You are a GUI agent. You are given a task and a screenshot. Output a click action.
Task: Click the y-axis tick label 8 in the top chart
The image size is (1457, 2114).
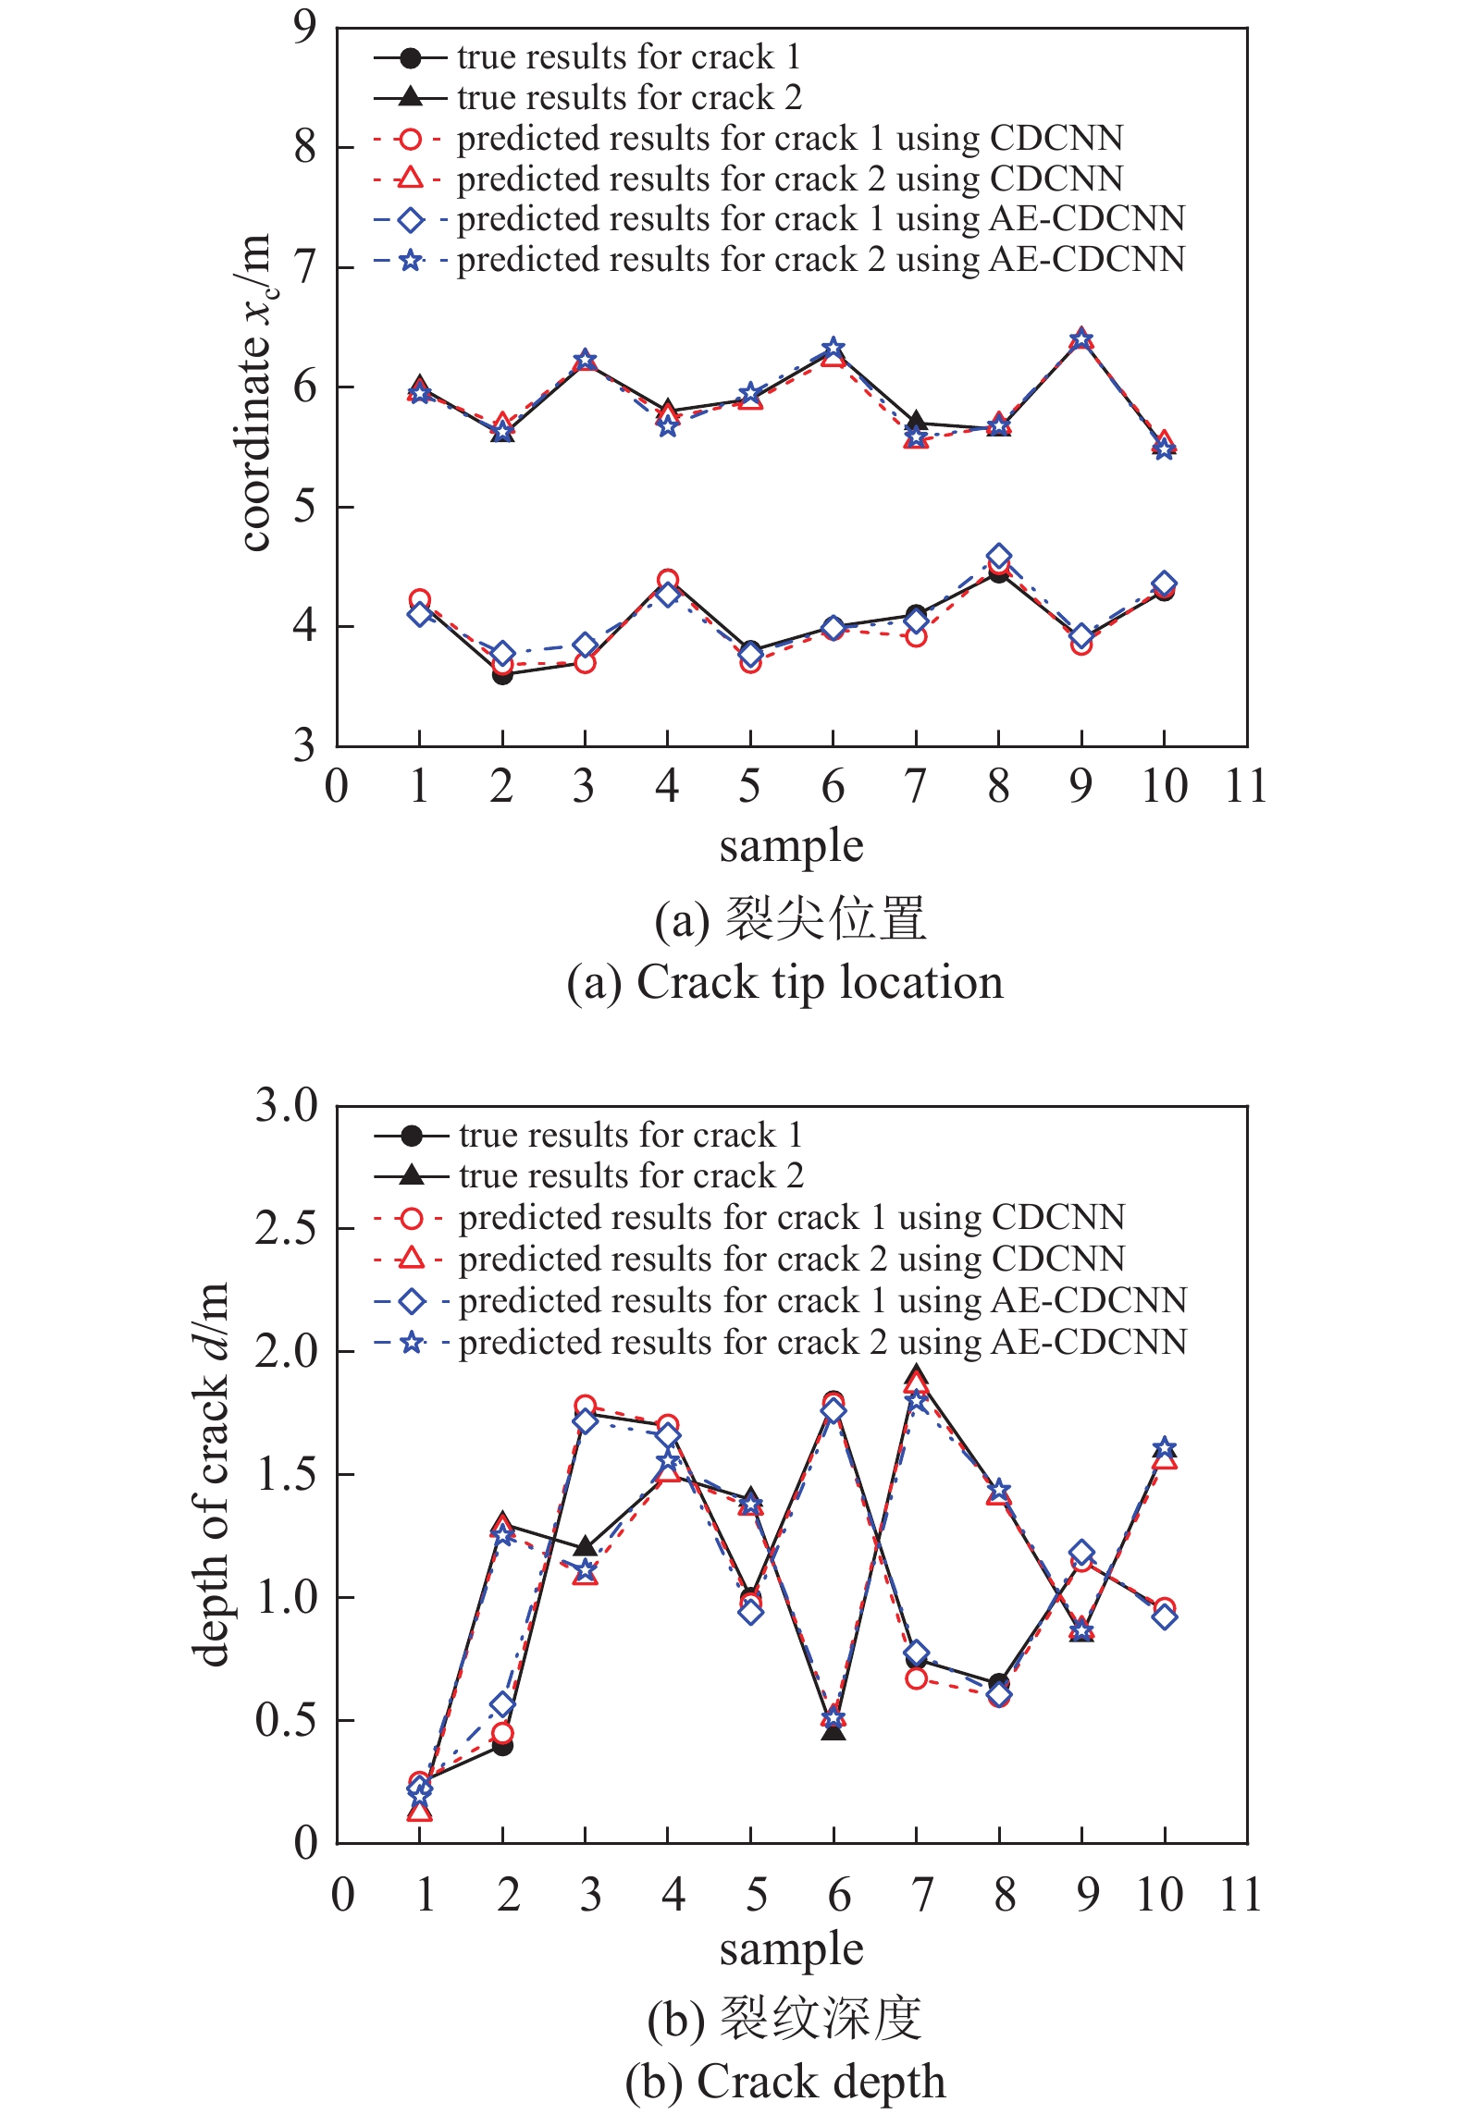pyautogui.click(x=304, y=147)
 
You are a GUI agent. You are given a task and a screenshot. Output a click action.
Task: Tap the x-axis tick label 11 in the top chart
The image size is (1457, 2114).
pyautogui.click(x=1245, y=787)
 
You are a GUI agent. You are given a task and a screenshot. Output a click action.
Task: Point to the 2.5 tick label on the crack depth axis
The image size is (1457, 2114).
pyautogui.click(x=287, y=1229)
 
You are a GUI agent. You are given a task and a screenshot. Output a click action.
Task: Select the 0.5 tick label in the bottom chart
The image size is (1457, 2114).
pyautogui.click(x=287, y=1720)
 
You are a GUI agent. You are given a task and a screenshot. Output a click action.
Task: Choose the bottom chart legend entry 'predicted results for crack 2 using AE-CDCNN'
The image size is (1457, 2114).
pyautogui.click(x=821, y=1342)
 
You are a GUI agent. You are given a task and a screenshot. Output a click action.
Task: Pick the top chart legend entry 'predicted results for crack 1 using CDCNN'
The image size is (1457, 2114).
pyautogui.click(x=789, y=139)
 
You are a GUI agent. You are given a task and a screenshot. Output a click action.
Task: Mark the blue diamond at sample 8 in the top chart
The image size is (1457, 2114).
pyautogui.click(x=998, y=556)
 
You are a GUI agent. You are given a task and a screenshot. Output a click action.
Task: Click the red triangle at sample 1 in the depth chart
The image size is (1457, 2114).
pyautogui.click(x=420, y=1811)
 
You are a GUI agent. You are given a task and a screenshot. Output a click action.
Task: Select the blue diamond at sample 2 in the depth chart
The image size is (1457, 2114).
pyautogui.click(x=502, y=1704)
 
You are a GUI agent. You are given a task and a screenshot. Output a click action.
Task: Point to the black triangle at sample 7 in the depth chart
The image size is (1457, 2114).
pyautogui.click(x=916, y=1373)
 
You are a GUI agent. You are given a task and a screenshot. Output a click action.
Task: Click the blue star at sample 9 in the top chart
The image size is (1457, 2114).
pyautogui.click(x=1081, y=339)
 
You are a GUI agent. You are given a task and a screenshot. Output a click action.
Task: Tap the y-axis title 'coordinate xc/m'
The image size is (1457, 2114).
pyautogui.click(x=255, y=392)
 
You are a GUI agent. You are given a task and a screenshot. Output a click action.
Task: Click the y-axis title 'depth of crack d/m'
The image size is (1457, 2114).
pyautogui.click(x=211, y=1474)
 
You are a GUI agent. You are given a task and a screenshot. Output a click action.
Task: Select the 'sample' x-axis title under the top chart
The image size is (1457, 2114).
pyautogui.click(x=791, y=846)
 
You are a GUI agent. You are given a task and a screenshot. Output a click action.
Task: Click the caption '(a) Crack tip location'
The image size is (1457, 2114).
pyautogui.click(x=784, y=982)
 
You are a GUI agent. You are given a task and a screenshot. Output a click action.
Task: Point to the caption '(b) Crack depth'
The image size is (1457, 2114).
pyautogui.click(x=784, y=2082)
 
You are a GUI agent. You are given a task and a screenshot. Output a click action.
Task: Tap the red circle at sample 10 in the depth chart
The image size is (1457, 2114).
pyautogui.click(x=1165, y=1609)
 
